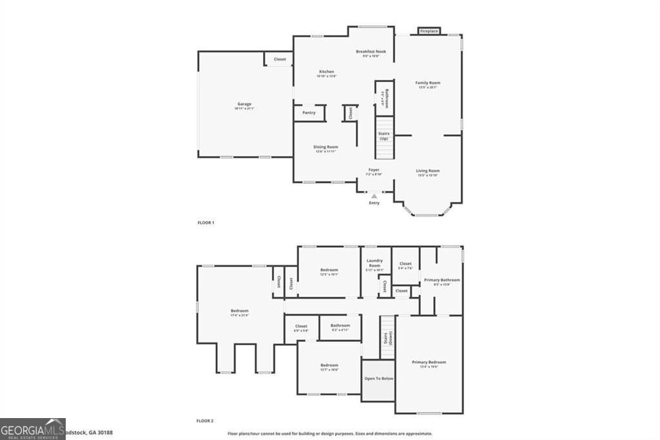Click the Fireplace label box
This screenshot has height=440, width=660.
(429, 31)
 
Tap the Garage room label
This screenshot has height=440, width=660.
(244, 105)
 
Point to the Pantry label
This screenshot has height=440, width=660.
(309, 113)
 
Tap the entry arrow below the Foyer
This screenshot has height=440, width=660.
(374, 195)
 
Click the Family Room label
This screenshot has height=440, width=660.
(428, 84)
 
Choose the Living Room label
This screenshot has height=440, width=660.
(428, 172)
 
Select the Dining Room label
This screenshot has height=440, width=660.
(325, 148)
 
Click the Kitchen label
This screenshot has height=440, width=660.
(327, 73)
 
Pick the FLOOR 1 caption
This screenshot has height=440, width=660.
(206, 223)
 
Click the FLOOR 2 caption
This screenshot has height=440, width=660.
(205, 421)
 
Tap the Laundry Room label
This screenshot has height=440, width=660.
(375, 265)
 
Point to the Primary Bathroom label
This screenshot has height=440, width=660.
(442, 281)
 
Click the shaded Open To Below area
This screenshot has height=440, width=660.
(378, 379)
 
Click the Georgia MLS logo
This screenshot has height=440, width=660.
(33, 428)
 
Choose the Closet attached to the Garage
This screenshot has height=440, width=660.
(280, 59)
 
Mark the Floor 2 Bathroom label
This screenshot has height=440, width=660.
(340, 326)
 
